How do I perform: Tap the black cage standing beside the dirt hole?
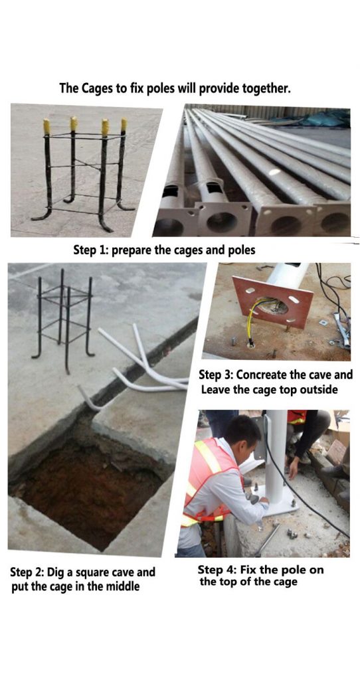tap(64, 319)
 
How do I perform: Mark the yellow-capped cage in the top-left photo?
tap(83, 169)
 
